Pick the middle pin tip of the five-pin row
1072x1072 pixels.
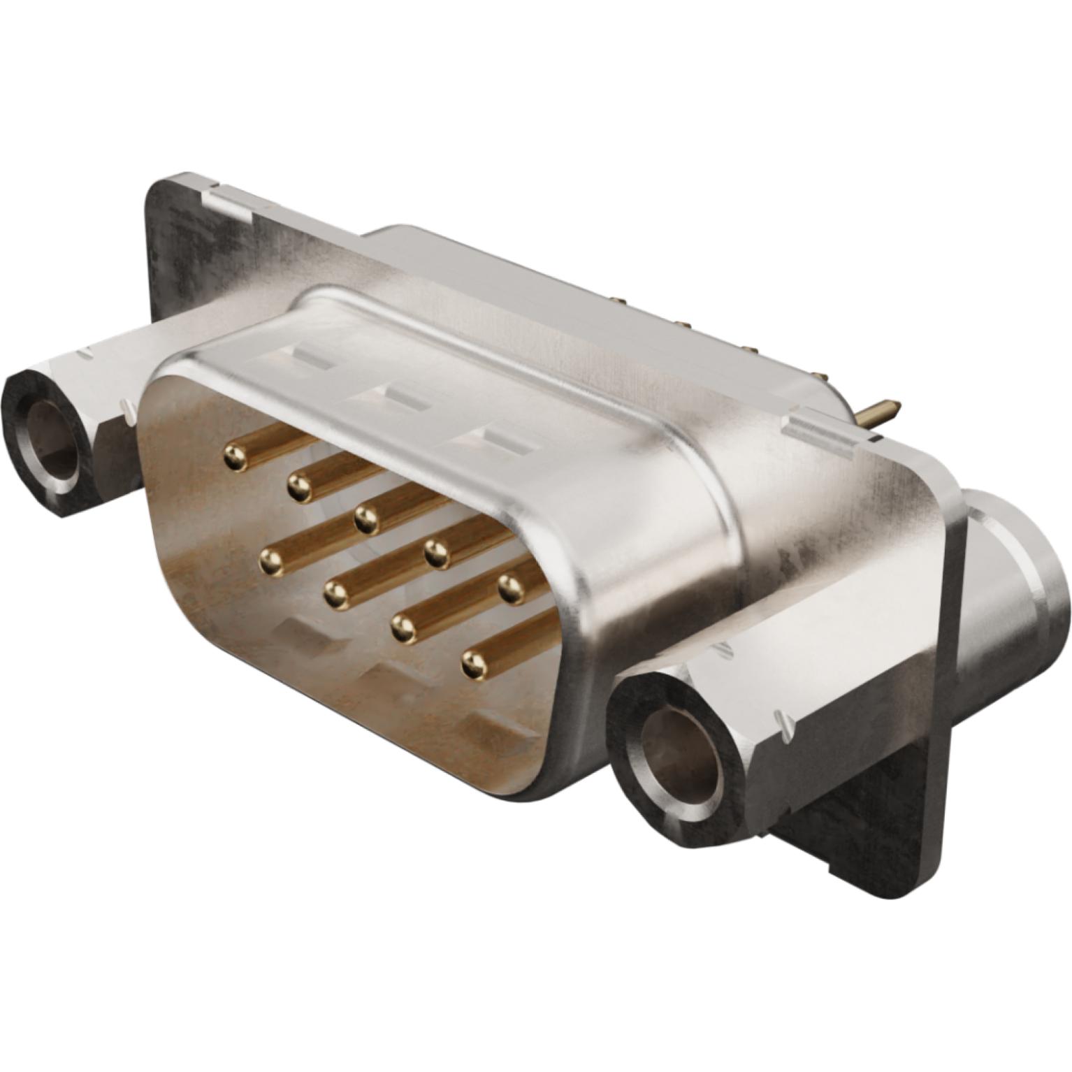[x=365, y=518]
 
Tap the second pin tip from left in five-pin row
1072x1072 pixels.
[x=299, y=486]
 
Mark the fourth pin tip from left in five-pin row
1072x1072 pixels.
[x=436, y=553]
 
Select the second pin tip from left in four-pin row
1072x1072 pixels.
[x=336, y=594]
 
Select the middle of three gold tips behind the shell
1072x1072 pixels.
[x=681, y=324]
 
